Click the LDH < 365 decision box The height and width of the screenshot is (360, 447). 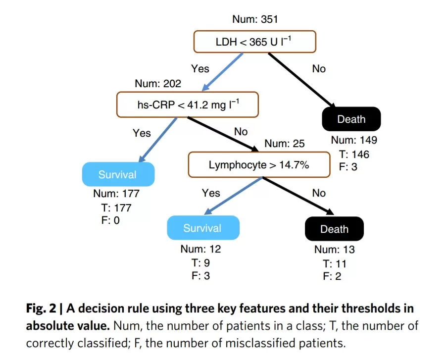[x=254, y=42]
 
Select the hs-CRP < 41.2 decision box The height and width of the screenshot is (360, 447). [x=188, y=104]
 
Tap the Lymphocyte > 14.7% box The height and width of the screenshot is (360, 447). [x=259, y=164]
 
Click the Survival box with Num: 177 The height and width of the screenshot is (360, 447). [x=118, y=174]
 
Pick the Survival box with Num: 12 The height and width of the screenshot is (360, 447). [x=203, y=228]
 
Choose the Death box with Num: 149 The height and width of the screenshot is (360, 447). [x=351, y=119]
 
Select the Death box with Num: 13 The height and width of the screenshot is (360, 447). [x=335, y=229]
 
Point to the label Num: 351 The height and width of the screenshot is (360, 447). [x=255, y=19]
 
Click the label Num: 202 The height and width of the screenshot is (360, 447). [x=158, y=83]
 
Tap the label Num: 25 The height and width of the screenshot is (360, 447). [x=285, y=143]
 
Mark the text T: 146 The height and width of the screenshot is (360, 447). [x=354, y=154]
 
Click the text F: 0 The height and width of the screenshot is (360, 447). [x=110, y=220]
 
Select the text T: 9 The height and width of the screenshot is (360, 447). [x=200, y=262]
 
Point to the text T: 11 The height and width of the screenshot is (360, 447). [x=335, y=263]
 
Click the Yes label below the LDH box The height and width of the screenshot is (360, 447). [x=200, y=69]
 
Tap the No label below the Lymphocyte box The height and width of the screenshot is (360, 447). [x=319, y=193]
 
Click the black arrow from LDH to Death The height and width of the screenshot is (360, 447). [x=301, y=80]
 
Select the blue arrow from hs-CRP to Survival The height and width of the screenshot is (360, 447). [x=157, y=140]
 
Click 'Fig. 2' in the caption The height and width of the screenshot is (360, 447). [x=41, y=309]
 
